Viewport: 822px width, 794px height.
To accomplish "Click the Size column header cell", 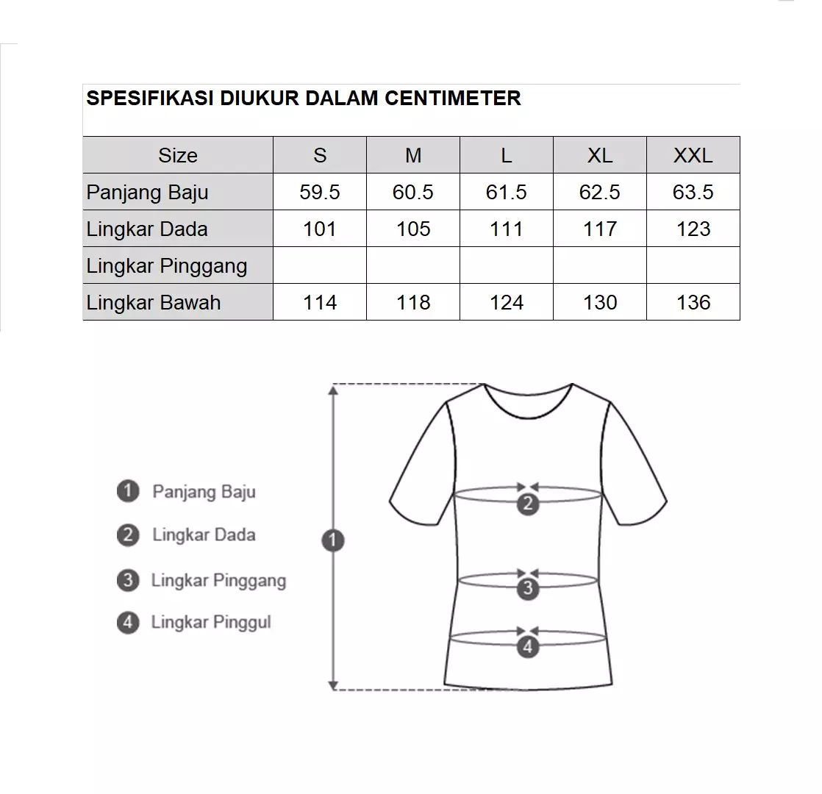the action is tap(178, 155).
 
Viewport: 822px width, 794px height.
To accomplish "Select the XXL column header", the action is tap(693, 155).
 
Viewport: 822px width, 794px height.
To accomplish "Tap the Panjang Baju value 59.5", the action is tap(320, 192).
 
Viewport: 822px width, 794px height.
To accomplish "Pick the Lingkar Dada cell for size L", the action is tap(507, 229).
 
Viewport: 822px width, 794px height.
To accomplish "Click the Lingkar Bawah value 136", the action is tap(693, 302).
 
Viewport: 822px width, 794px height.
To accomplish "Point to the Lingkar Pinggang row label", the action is tap(167, 265).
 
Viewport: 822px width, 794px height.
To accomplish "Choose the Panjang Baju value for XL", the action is tap(599, 192).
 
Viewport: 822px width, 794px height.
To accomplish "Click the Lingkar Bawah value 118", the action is tap(413, 302).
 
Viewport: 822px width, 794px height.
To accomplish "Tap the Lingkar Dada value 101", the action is tap(320, 229).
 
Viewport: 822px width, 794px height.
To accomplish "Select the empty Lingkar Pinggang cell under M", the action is tap(413, 265).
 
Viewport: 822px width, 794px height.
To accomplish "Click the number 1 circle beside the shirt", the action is tap(333, 541).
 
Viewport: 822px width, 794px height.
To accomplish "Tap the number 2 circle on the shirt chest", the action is tap(528, 504).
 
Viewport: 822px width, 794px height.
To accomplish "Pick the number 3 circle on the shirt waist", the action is tap(528, 588).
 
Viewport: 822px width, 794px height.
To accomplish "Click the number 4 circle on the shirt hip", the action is tap(528, 647).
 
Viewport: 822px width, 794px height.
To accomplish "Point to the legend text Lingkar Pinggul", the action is tap(211, 622).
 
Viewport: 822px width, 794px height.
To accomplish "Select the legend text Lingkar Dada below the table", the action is tap(204, 534).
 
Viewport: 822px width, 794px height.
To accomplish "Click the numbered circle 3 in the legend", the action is tap(128, 580).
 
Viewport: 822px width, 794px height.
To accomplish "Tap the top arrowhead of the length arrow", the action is tap(333, 390).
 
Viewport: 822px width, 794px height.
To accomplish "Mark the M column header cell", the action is tap(413, 155).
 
